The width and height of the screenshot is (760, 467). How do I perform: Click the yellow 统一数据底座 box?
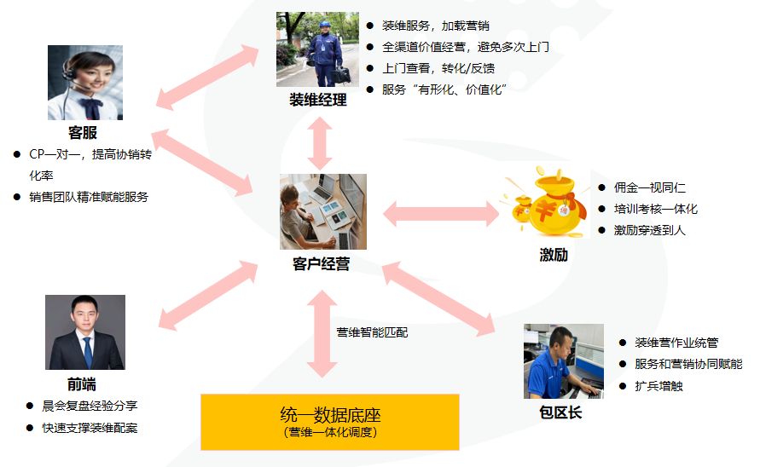point(329,422)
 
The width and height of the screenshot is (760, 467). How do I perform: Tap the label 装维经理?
point(318,100)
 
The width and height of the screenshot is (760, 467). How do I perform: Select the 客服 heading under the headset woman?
point(83,132)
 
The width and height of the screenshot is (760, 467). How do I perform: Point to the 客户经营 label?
point(321,263)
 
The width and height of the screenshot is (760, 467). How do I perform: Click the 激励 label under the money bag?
point(554,255)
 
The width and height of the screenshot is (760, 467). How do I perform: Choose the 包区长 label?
point(560,412)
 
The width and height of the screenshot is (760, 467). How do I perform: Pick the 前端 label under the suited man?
point(81,384)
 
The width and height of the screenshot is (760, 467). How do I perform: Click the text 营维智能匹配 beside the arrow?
point(372,332)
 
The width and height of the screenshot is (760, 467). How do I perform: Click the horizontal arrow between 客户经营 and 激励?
point(441,214)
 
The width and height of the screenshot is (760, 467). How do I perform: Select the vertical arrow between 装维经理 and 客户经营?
point(320,143)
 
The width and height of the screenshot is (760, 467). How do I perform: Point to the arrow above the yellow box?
point(322,334)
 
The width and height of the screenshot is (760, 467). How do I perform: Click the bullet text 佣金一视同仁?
point(649,187)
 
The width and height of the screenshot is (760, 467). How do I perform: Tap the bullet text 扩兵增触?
point(658,385)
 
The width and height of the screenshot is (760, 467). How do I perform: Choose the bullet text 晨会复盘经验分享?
point(90,406)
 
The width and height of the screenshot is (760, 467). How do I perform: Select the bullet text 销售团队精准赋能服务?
point(89,197)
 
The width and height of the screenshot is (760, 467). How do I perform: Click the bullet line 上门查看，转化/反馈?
point(438,68)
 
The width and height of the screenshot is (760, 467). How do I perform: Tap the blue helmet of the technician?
point(325,24)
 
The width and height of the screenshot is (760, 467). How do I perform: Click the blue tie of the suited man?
point(88,352)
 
